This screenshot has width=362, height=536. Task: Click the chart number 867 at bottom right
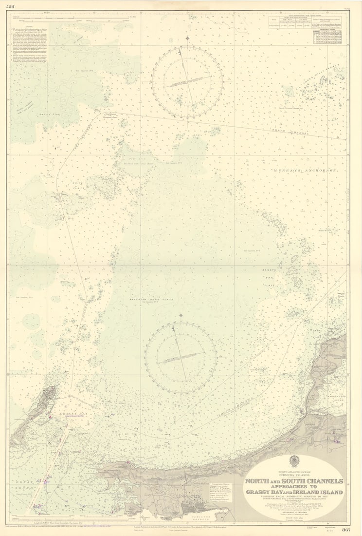[x=346, y=530]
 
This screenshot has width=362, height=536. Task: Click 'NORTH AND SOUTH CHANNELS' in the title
[x=294, y=481]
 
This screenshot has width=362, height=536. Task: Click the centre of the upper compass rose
[x=187, y=82]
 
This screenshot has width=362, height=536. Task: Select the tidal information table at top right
[x=306, y=29]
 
